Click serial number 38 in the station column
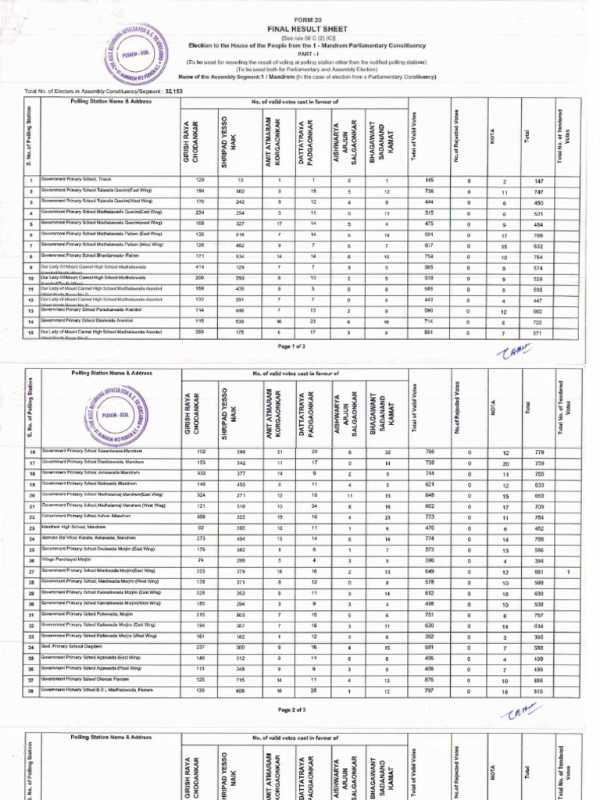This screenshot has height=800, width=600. [32, 691]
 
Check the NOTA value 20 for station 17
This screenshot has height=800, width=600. [505, 462]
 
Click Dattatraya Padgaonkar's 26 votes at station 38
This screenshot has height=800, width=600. [312, 691]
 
